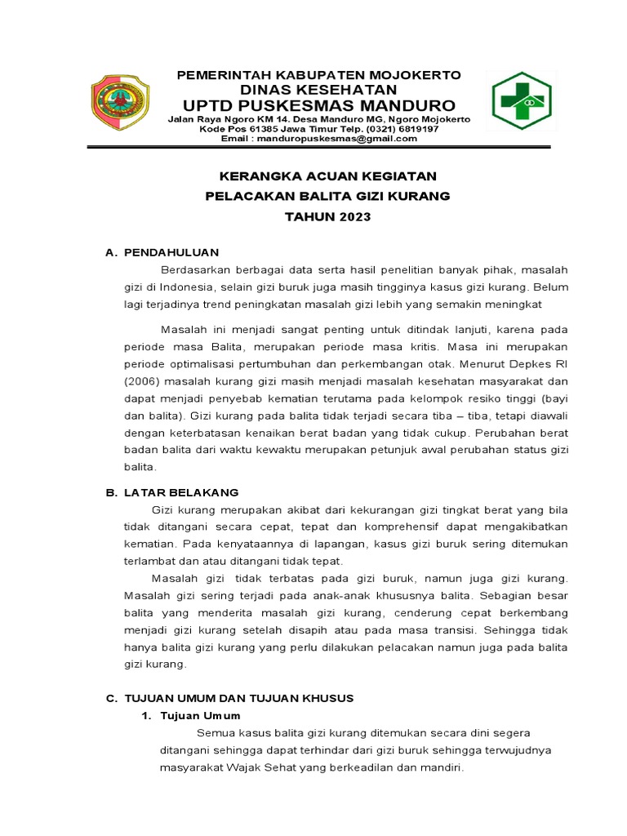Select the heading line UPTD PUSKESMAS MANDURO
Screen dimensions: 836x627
point(319,106)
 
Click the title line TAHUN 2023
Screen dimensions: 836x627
point(327,217)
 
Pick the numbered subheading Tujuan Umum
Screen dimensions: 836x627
point(195,715)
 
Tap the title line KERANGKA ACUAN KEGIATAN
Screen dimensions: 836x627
point(326,176)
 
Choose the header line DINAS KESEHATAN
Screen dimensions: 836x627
point(319,89)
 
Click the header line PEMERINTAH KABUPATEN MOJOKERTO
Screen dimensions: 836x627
point(319,75)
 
